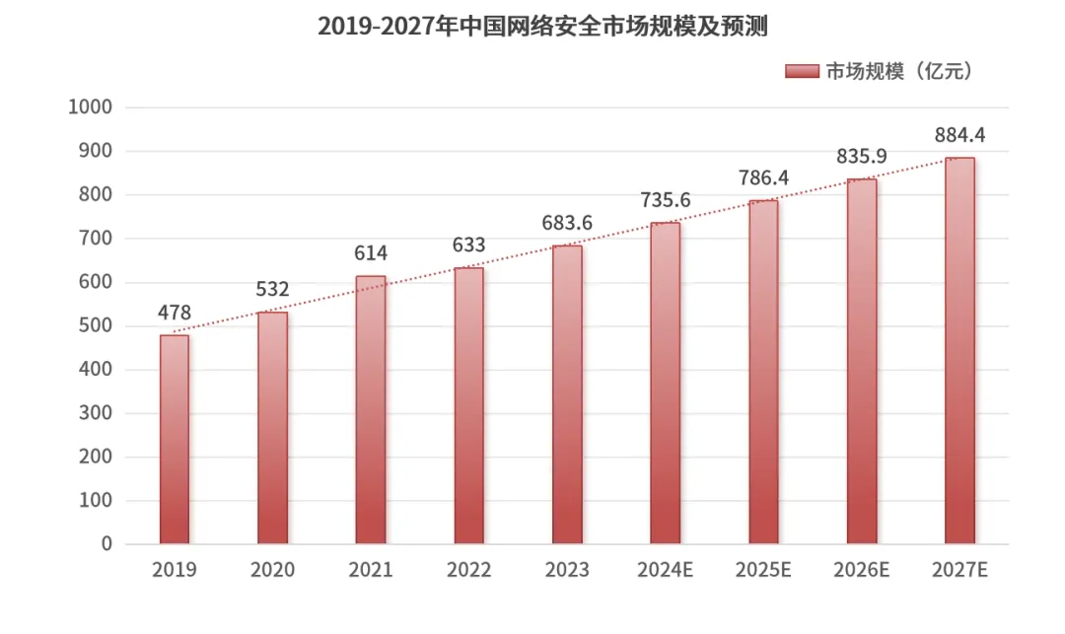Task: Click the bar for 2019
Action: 175,440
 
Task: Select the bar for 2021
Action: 371,410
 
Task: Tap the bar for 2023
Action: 567,394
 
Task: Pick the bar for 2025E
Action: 763,372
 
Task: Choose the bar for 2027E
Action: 959,351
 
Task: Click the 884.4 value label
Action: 959,134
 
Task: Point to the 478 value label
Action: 175,313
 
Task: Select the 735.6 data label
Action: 665,200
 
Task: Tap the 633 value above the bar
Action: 469,245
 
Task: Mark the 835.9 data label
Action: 861,156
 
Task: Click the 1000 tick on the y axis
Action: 90,107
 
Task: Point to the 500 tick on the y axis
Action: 96,326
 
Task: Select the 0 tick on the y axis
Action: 106,544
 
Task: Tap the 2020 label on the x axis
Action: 272,570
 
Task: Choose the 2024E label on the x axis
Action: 665,570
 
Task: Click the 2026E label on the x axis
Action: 861,570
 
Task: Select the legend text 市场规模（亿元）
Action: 898,71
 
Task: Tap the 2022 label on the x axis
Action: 469,570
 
